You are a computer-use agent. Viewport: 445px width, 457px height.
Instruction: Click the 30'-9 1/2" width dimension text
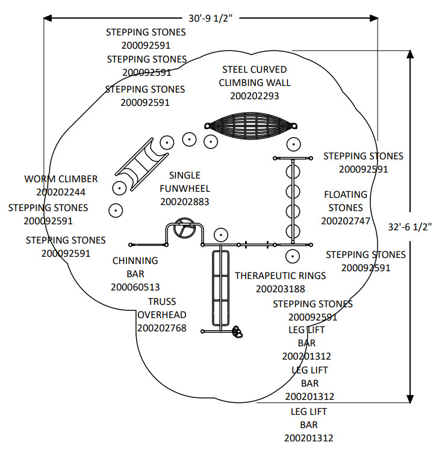pos(210,18)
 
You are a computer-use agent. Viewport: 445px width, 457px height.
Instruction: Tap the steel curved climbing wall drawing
pos(250,126)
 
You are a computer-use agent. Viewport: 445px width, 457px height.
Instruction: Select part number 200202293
pos(254,95)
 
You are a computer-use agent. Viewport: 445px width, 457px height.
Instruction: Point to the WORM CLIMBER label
pos(61,179)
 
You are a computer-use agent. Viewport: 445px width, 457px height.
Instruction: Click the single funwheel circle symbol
pos(183,230)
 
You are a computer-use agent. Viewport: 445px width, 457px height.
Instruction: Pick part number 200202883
pos(185,202)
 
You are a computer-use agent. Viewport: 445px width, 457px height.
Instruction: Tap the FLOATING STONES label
pos(346,201)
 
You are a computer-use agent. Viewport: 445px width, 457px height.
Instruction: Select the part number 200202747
pos(346,221)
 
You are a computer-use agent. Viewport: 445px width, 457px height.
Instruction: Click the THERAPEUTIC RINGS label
pos(280,275)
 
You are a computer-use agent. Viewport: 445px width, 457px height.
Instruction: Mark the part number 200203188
pos(281,289)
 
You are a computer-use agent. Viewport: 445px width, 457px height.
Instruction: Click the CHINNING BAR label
pos(135,268)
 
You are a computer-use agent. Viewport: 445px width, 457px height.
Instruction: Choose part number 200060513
pos(135,287)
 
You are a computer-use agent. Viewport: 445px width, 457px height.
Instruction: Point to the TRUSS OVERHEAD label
pos(162,308)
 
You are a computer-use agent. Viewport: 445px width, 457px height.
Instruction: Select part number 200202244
pos(61,192)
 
